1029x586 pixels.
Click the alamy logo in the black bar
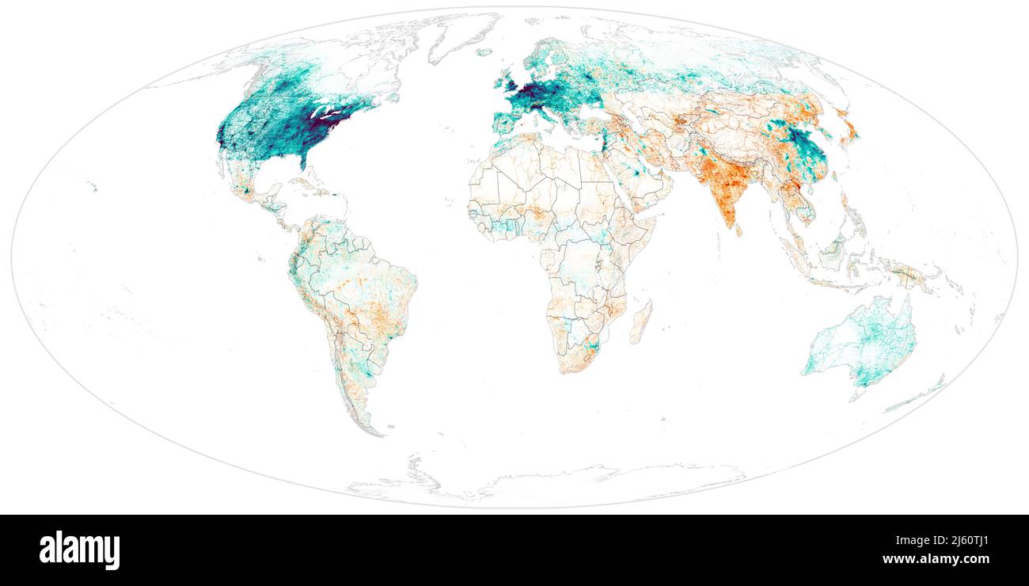[x=80, y=550]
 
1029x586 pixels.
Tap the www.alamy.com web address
[x=936, y=559]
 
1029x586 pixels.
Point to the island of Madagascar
[x=640, y=322]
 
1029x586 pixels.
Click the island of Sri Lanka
[x=739, y=230]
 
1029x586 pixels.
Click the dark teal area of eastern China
[x=807, y=150]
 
